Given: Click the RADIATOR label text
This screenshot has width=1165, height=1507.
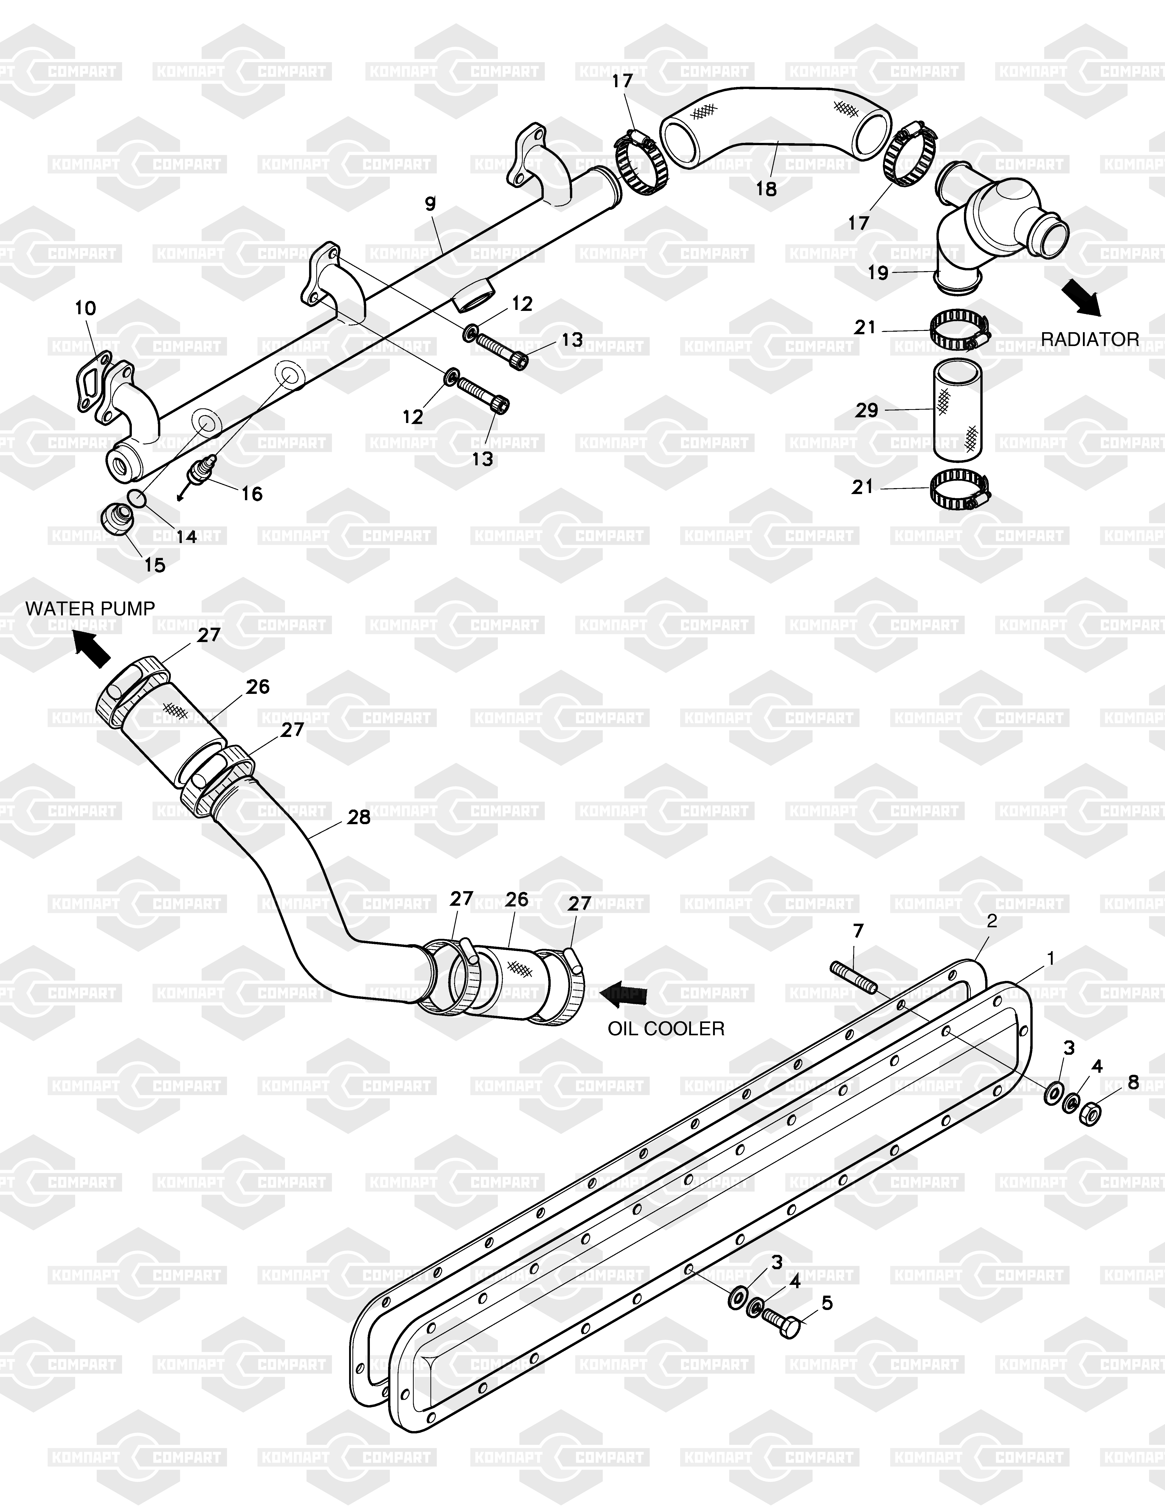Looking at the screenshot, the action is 1090,339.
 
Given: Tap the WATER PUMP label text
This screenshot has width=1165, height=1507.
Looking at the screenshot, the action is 90,608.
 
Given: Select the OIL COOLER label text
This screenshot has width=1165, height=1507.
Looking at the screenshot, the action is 666,1029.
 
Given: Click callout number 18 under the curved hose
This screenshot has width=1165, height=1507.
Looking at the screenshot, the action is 766,188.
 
